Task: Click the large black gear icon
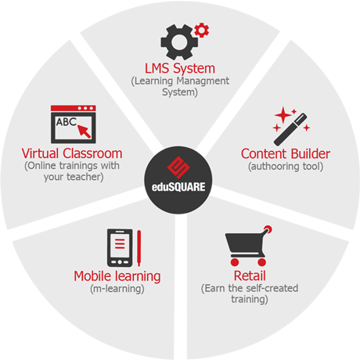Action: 179,42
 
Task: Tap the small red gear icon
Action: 202,31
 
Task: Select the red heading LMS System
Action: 180,69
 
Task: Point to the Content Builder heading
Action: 286,153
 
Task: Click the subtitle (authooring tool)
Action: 286,167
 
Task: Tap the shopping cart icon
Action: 249,246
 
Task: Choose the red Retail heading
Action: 250,275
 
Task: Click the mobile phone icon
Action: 120,248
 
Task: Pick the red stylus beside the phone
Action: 139,248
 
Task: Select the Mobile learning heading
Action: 117,276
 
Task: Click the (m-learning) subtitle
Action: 117,289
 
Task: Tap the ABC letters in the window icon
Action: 67,122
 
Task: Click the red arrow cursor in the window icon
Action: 85,131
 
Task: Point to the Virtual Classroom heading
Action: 72,153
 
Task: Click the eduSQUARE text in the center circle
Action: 178,187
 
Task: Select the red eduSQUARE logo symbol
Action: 178,167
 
